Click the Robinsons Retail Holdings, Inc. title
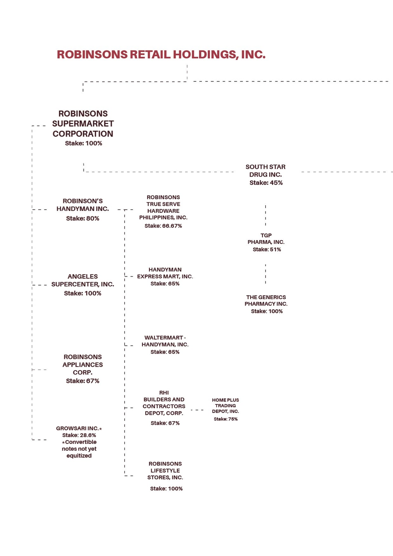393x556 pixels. coord(161,55)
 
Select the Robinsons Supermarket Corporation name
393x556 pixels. coord(83,124)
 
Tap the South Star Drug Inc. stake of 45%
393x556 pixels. coord(266,183)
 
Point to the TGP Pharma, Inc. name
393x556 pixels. coord(266,239)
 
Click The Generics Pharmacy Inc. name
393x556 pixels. coord(266,300)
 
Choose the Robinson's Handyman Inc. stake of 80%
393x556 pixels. coord(83,218)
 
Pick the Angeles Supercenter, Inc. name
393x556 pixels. coord(83,280)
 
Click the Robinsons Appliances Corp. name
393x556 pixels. coord(83,365)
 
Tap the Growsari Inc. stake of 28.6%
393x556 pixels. coord(79,435)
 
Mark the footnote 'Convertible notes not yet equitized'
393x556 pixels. coord(79,449)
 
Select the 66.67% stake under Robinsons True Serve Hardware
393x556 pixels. coord(163,226)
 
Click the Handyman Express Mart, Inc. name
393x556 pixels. coord(165,273)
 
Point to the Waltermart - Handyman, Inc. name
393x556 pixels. coord(165,341)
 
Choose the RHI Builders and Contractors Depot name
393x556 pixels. coord(164,403)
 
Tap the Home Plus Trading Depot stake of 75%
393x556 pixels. coord(226,419)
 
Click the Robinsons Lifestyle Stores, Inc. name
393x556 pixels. coord(165,471)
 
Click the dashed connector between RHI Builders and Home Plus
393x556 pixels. coord(197,410)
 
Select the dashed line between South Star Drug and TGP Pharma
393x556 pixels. coord(266,215)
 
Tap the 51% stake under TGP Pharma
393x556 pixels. coord(267,249)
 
